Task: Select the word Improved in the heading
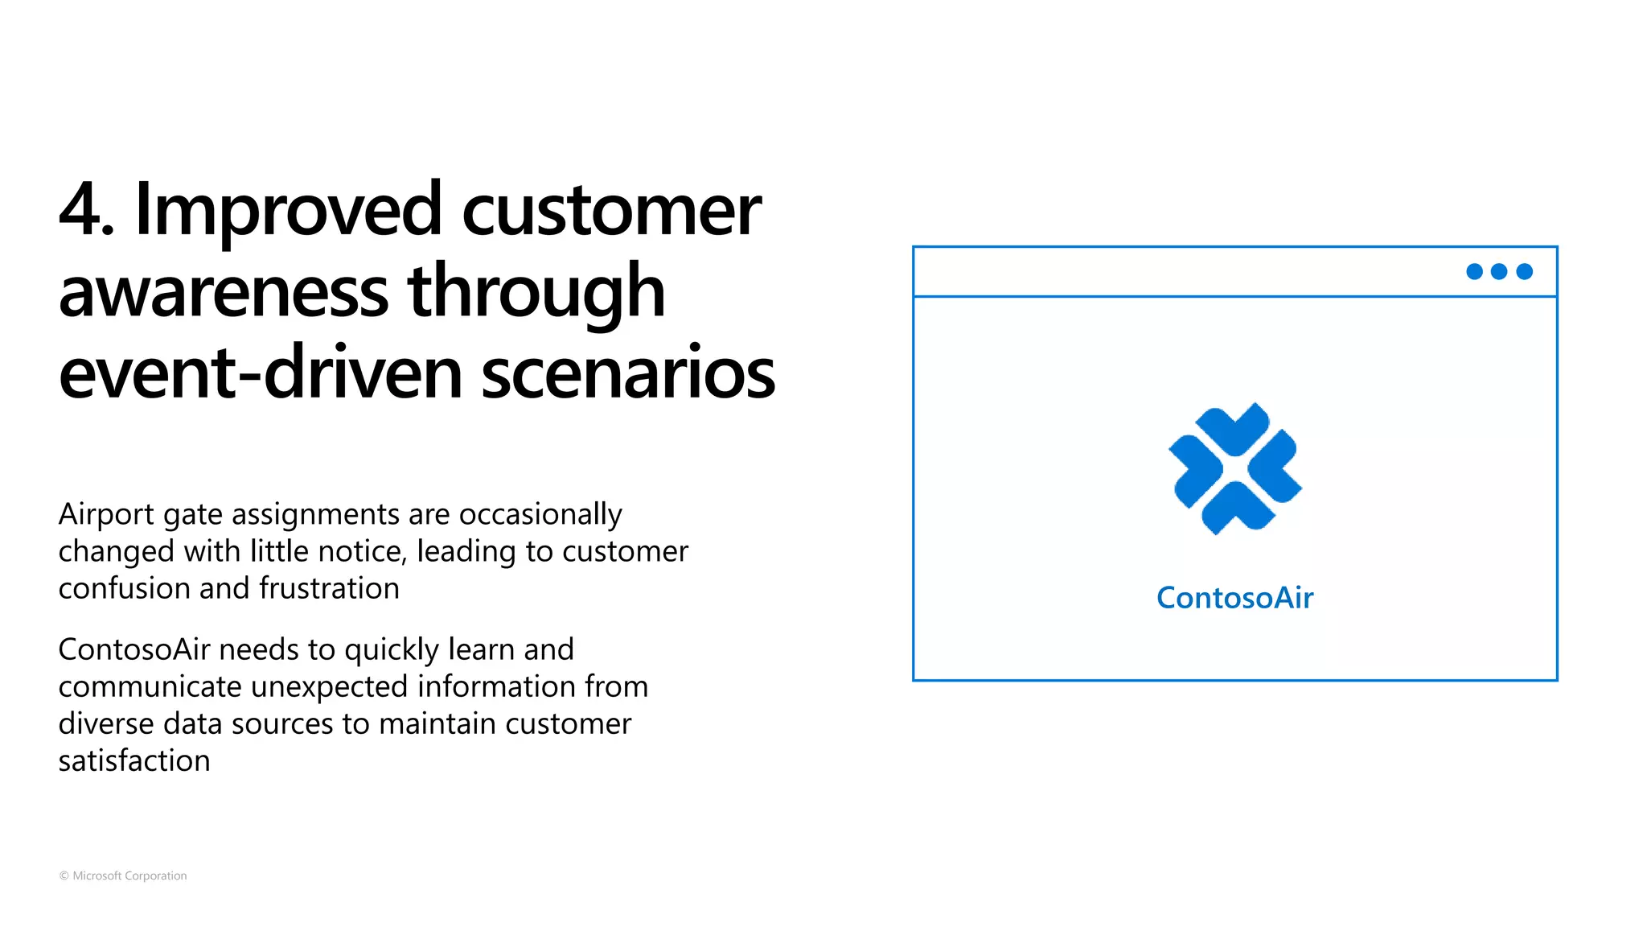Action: [x=288, y=211]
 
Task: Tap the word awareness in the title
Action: [x=224, y=292]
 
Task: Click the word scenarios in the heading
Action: [x=628, y=373]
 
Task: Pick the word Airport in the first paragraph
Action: [x=106, y=515]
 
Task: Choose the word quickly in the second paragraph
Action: [x=392, y=650]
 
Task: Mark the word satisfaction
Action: [x=134, y=761]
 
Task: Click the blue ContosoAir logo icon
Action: [x=1235, y=469]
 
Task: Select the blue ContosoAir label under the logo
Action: [x=1235, y=598]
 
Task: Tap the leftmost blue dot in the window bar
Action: [x=1475, y=272]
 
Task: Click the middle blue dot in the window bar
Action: [x=1499, y=272]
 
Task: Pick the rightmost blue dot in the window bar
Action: [x=1525, y=272]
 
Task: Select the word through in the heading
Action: [x=536, y=292]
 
